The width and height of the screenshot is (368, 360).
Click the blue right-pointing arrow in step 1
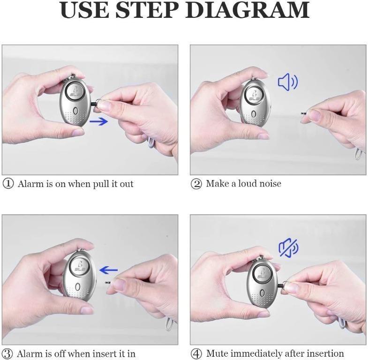[x=98, y=122]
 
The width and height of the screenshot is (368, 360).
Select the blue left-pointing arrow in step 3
[x=109, y=270]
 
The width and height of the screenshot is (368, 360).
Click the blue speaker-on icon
[x=287, y=82]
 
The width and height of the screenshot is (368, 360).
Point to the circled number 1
[x=8, y=184]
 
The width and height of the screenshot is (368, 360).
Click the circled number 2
[x=196, y=184]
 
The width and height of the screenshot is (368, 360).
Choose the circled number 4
[x=196, y=353]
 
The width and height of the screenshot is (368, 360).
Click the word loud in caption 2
[x=248, y=183]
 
